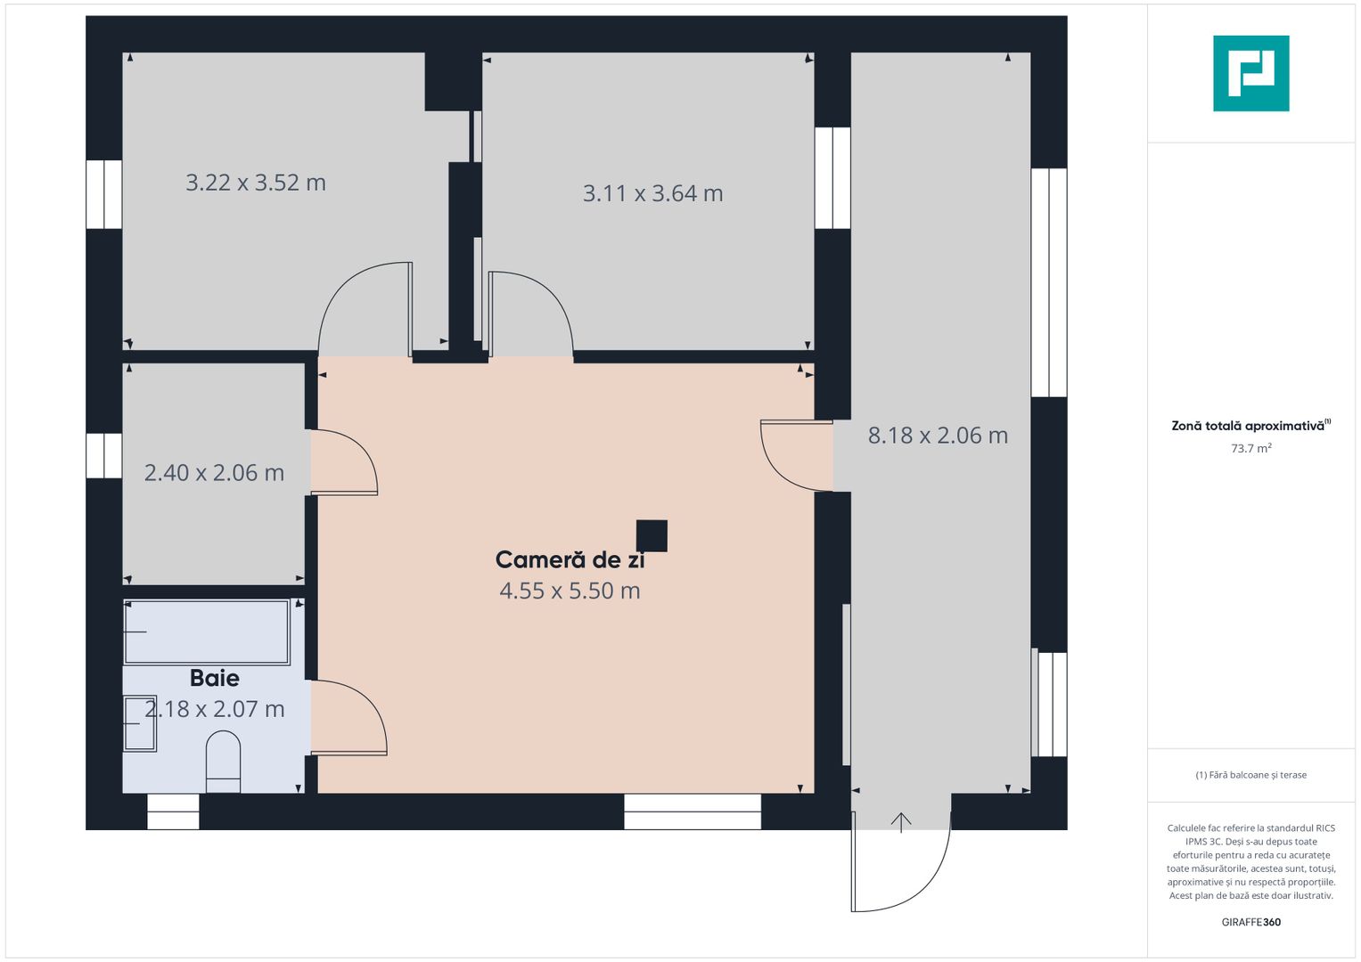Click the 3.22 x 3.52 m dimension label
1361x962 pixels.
[x=256, y=183]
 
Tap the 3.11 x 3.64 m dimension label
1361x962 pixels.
[x=652, y=193]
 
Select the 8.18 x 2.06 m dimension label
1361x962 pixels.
[x=938, y=436]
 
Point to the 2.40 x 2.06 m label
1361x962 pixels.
[x=214, y=473]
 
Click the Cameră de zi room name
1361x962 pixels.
[x=570, y=560]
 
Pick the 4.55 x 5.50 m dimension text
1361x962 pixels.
[x=570, y=591]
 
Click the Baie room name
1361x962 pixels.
[x=215, y=679]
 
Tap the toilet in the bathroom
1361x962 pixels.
[x=223, y=762]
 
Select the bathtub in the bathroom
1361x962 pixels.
[x=207, y=632]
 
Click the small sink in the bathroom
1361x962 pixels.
[x=140, y=723]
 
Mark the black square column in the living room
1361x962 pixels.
[x=652, y=536]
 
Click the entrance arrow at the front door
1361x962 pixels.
[x=901, y=821]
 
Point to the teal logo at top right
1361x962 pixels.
[x=1250, y=73]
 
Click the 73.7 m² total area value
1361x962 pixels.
[x=1250, y=448]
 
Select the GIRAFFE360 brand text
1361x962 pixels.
[x=1250, y=922]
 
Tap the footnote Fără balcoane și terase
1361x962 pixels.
[x=1250, y=775]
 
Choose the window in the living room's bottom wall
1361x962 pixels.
[x=693, y=811]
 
